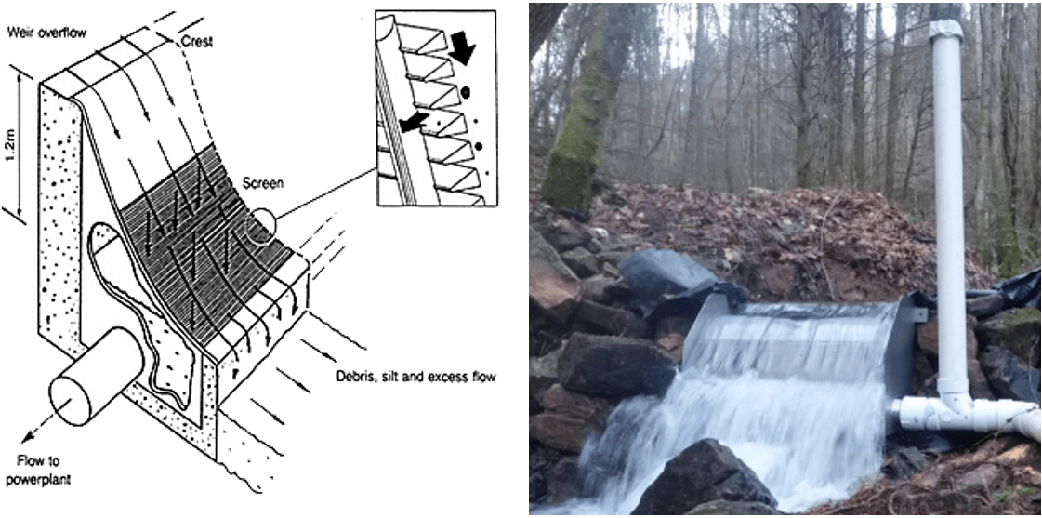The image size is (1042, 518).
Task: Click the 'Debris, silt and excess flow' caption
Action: tap(415, 377)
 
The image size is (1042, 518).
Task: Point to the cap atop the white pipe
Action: tap(944, 29)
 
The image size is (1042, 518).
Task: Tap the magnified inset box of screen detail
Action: tap(429, 108)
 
